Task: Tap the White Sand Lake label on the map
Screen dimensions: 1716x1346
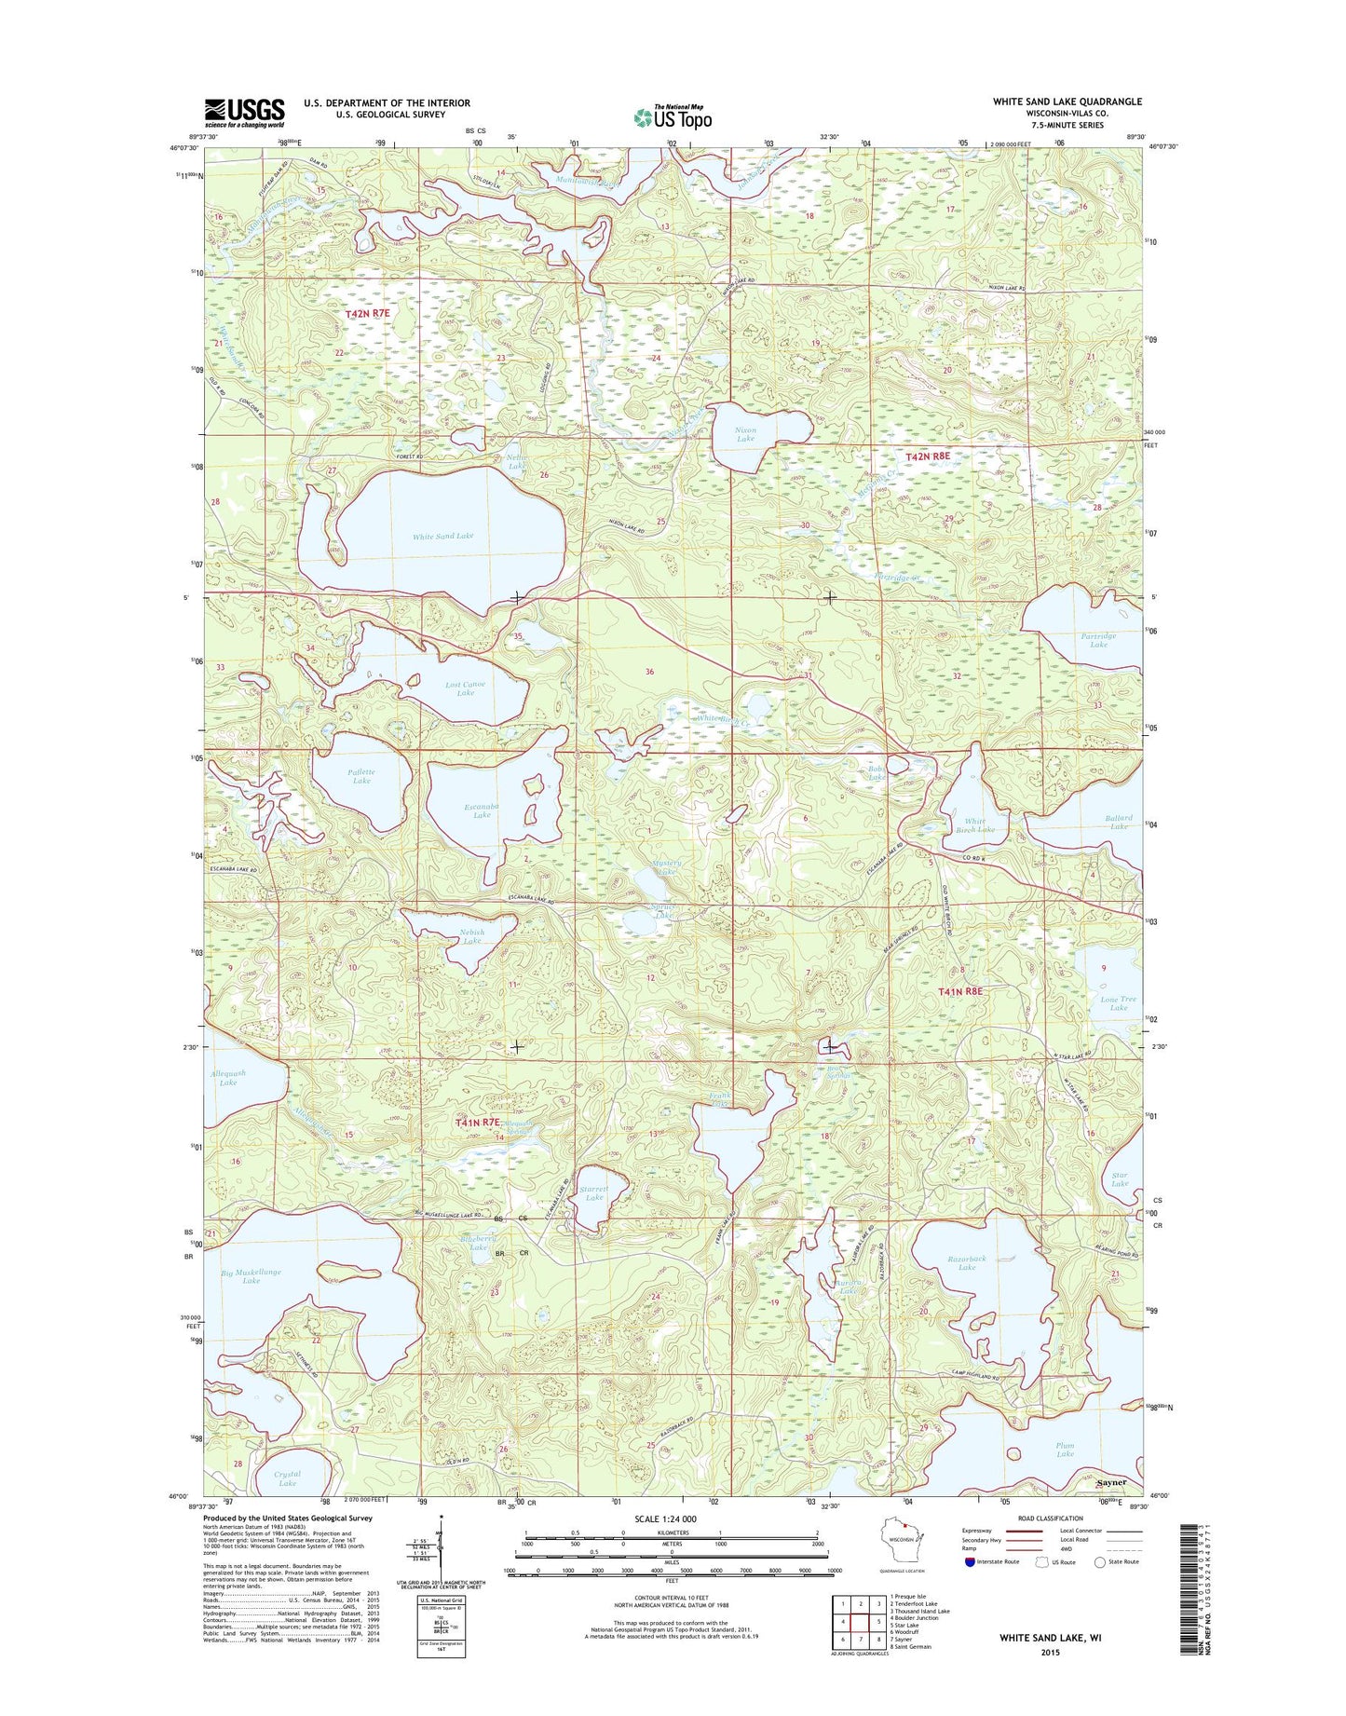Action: pos(443,536)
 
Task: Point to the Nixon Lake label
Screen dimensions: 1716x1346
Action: pos(745,434)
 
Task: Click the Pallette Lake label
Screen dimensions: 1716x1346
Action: pos(361,776)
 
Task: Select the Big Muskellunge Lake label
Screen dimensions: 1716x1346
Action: pos(251,1276)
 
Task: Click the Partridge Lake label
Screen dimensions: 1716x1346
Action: pos(1098,640)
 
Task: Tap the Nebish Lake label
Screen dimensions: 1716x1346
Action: pos(472,936)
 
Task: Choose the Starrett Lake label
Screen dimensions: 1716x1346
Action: pos(593,1193)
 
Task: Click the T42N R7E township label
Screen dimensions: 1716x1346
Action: pos(367,315)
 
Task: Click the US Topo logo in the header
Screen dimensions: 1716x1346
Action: pos(673,116)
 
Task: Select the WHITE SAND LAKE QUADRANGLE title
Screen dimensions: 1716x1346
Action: pos(1067,102)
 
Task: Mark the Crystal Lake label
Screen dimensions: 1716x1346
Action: pos(287,1479)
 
